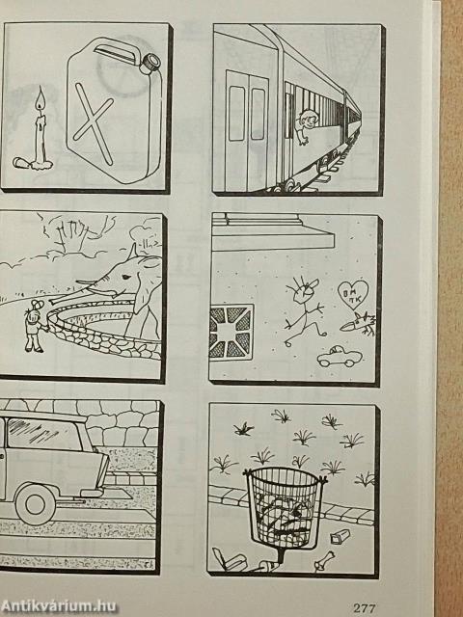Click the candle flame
coord(41,100)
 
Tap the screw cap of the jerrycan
coord(150,64)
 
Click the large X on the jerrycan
coord(94,122)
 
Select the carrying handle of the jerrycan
coord(112,51)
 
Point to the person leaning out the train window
coord(306,126)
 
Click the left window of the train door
coord(236,113)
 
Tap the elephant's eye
coord(125,277)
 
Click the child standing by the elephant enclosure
coord(35,326)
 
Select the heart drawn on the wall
coord(353,293)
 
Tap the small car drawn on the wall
coord(340,357)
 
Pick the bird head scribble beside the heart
coord(357,324)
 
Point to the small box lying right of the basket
coord(340,536)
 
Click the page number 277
coord(365,608)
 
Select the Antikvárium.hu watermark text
coord(58,606)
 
